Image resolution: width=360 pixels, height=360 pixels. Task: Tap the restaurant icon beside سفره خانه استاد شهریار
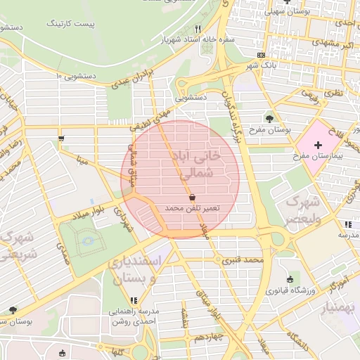198,29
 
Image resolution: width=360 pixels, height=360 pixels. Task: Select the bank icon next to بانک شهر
262,55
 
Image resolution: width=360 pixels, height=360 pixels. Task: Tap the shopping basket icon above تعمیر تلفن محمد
193,198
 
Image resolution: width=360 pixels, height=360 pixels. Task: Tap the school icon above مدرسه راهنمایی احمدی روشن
134,300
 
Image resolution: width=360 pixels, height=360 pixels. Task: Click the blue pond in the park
89,243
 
